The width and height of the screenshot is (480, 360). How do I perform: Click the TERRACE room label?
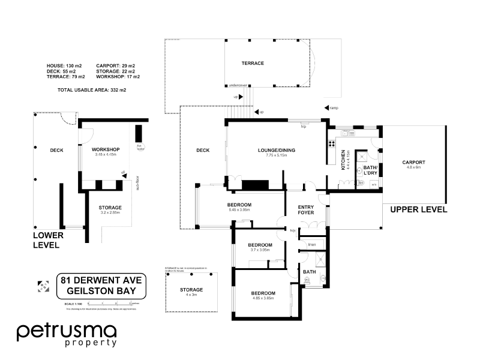click(253, 63)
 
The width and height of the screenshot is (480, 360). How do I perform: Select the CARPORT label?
click(414, 162)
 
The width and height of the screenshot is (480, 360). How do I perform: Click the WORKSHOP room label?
click(106, 149)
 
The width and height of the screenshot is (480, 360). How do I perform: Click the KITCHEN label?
click(344, 160)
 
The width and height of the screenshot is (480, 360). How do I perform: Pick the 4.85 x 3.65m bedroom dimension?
click(263, 298)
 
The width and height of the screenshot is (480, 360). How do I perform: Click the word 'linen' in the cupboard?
click(312, 245)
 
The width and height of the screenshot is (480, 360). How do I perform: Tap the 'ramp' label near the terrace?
click(334, 108)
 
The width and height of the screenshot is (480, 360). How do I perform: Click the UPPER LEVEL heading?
click(419, 210)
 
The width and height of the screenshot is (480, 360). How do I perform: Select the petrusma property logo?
click(67, 335)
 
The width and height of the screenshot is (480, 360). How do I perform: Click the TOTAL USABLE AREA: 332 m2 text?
click(92, 90)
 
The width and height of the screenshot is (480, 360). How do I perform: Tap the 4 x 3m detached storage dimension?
click(191, 295)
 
